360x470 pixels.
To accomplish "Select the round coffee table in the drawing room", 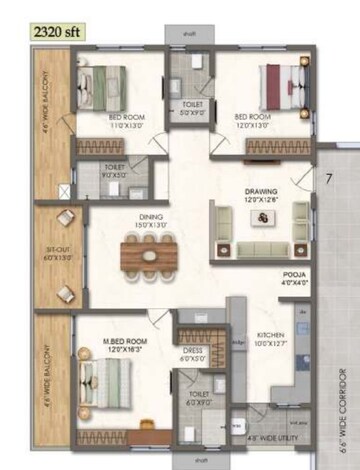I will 261,217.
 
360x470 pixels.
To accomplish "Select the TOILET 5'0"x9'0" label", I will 192,110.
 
